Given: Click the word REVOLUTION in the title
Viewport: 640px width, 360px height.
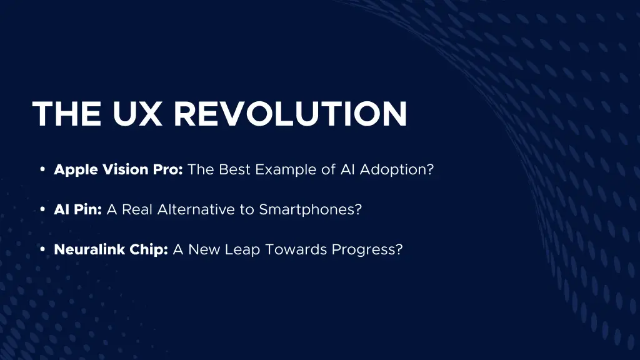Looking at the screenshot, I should tap(290, 114).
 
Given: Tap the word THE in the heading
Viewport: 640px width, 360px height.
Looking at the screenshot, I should tap(67, 114).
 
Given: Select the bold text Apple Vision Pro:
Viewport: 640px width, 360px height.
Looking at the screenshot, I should tap(118, 169).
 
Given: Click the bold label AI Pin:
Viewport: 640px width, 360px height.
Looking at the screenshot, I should tap(77, 209).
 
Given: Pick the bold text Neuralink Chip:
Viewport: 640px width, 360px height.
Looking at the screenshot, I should tap(111, 249).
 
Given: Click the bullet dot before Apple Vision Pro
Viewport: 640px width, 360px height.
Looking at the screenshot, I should tap(42, 170).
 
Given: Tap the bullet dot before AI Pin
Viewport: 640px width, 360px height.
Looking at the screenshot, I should tap(42, 210).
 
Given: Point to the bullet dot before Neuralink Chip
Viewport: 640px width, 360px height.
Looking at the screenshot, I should tap(42, 250).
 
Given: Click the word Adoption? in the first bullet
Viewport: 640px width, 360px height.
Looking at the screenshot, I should tap(396, 169).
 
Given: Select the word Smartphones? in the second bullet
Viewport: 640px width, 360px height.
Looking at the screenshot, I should tap(311, 209).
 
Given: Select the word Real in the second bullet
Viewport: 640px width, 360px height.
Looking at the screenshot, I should tap(137, 209).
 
